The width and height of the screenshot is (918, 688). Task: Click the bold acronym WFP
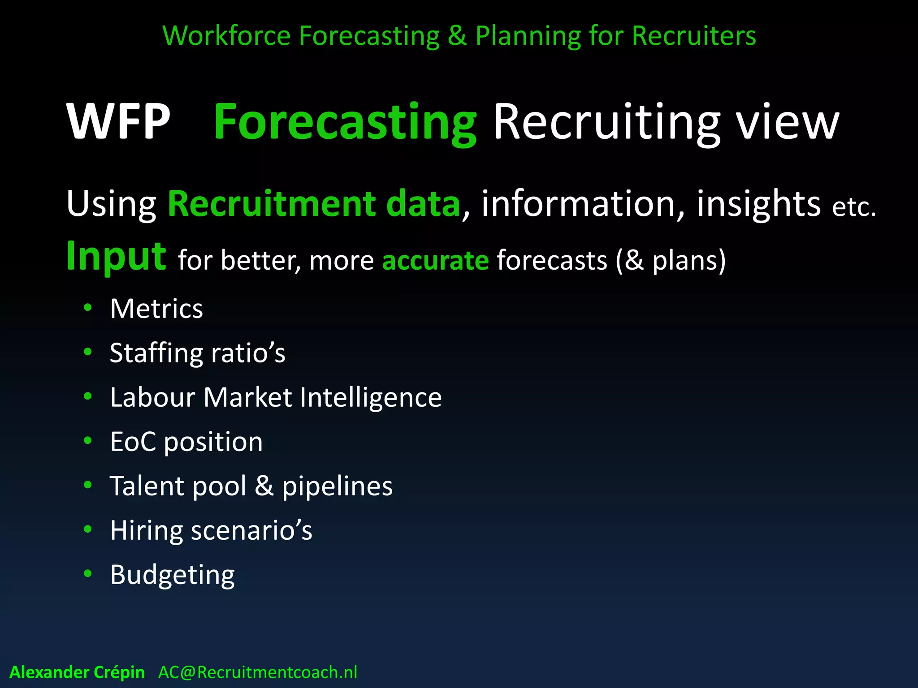point(118,122)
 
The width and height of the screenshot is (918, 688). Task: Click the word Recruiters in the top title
point(694,35)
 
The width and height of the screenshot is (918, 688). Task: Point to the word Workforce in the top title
point(226,35)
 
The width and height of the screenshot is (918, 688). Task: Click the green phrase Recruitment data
point(314,204)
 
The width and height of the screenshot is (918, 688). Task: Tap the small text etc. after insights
point(853,207)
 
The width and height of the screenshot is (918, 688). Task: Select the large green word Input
point(116,256)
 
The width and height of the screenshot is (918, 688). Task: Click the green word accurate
point(435,260)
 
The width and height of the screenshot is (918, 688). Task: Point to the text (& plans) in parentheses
point(671,260)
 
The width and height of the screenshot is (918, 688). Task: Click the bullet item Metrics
point(156,309)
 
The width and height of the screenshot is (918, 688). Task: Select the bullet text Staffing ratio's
point(197,353)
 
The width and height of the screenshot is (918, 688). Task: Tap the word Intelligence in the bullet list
point(371,397)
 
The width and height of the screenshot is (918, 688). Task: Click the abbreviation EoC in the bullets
point(133,442)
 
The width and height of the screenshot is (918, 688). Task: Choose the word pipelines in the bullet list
point(337,486)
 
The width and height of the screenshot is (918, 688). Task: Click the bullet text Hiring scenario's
point(211,530)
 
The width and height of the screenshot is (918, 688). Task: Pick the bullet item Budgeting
point(172,575)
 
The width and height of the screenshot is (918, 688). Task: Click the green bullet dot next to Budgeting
point(88,573)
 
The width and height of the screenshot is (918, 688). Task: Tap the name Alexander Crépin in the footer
point(77,672)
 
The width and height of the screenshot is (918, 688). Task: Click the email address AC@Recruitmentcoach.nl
point(258,672)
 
